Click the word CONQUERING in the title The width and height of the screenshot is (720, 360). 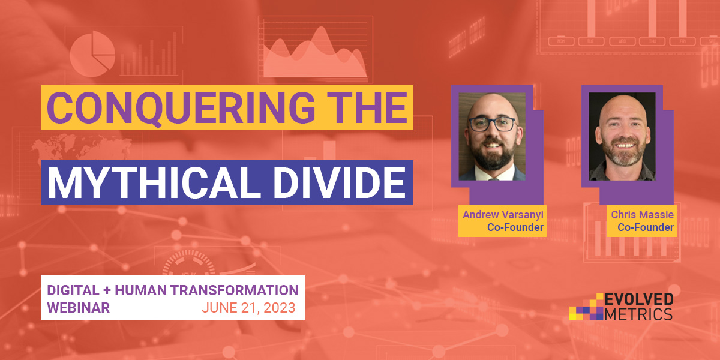click(181, 108)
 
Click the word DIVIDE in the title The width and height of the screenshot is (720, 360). click(340, 182)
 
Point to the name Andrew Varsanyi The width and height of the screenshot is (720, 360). click(503, 215)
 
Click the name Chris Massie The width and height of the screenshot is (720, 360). click(642, 214)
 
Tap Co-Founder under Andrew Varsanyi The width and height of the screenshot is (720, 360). click(515, 227)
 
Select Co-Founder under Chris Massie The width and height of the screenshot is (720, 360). click(646, 227)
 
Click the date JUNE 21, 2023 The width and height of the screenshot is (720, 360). click(248, 308)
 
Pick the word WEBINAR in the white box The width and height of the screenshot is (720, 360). click(79, 308)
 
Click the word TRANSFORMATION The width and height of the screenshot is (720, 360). click(235, 290)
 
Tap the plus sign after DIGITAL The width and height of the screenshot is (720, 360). click(107, 290)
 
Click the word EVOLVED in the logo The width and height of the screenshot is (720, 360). click(639, 299)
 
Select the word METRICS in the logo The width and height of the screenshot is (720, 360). click(638, 314)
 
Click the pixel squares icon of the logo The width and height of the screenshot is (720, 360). click(586, 307)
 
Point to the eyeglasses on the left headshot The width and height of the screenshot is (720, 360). click(493, 124)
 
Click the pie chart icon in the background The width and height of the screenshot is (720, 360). click(92, 53)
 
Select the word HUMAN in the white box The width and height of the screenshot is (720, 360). click(141, 290)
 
